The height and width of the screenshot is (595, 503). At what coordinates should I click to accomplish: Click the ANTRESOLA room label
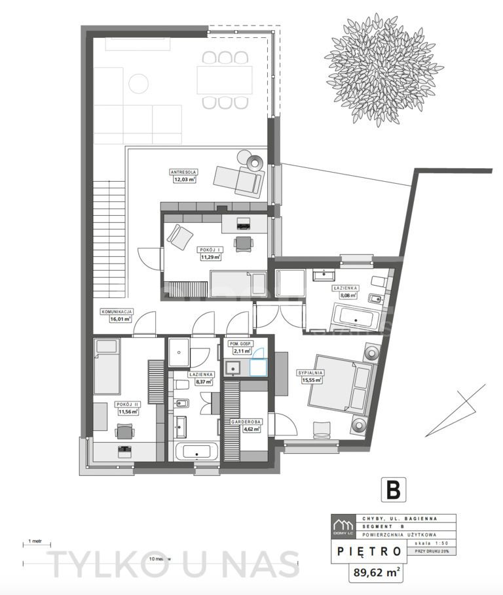(183, 173)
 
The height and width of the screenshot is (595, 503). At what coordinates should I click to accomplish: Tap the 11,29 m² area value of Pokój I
(210, 257)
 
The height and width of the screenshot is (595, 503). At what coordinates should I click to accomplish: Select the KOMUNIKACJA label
(116, 312)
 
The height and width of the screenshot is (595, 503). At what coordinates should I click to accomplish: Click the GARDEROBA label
(246, 422)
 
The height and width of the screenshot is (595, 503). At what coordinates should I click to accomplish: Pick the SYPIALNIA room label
(312, 372)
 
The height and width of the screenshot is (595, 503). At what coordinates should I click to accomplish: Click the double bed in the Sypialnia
(343, 386)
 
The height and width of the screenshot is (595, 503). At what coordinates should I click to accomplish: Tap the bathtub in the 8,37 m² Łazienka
(196, 452)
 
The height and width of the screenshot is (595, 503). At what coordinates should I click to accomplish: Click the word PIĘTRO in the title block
(369, 551)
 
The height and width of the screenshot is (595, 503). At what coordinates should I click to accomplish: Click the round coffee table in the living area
(138, 84)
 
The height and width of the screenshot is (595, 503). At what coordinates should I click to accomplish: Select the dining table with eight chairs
(225, 80)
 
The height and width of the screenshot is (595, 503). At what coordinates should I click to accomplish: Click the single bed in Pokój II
(107, 367)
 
